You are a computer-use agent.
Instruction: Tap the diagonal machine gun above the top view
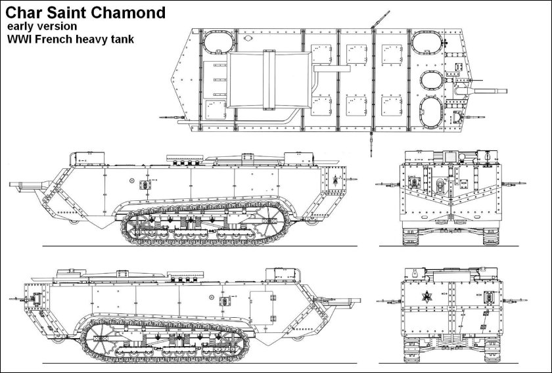(380, 20)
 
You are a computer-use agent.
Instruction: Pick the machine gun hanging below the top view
(371, 144)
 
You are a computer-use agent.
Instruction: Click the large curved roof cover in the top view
(269, 80)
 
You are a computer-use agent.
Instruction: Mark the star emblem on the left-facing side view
(336, 179)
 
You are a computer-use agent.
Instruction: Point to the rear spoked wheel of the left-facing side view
(267, 221)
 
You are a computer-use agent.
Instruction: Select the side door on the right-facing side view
(262, 307)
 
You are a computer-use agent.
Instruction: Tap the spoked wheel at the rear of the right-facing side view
(101, 338)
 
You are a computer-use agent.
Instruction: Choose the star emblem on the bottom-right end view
(427, 297)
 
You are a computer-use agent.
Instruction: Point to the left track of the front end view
(410, 236)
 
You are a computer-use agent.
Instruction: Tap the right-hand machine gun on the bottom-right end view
(515, 301)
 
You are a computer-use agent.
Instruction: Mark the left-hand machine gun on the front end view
(388, 184)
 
